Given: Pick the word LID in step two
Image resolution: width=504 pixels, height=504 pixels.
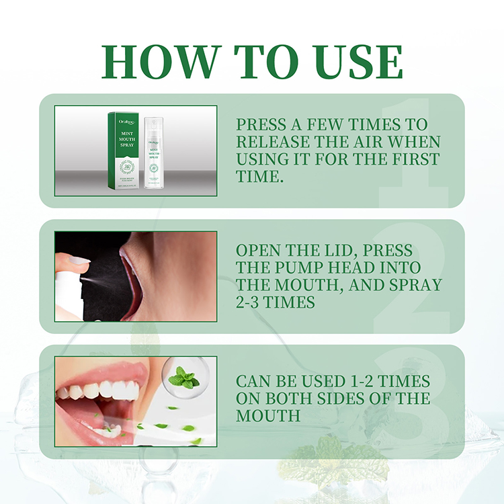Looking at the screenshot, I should [335, 250].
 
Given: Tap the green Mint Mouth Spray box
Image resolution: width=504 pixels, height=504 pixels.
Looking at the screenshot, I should [123, 150].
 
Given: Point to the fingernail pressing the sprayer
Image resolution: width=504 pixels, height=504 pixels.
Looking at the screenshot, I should [79, 259].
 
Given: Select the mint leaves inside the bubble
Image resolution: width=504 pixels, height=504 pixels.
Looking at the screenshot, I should [183, 379].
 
